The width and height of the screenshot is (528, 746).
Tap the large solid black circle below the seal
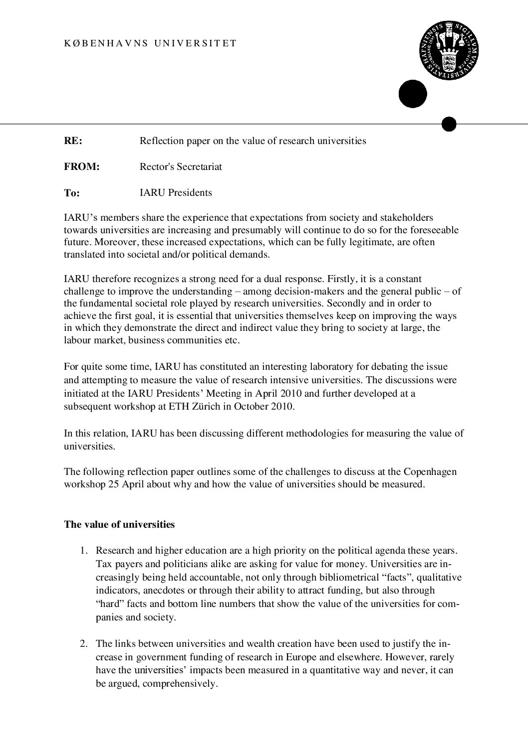pyautogui.click(x=413, y=94)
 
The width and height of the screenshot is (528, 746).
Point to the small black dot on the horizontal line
pyautogui.click(x=449, y=124)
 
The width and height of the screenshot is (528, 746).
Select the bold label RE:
pyautogui.click(x=73, y=141)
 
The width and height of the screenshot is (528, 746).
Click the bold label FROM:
pyautogui.click(x=82, y=167)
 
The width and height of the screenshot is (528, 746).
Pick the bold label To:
pyautogui.click(x=72, y=193)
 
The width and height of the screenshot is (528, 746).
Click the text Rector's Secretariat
pyautogui.click(x=181, y=167)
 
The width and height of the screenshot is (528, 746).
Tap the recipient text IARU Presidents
pyautogui.click(x=176, y=193)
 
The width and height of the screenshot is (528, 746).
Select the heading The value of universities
pyautogui.click(x=119, y=525)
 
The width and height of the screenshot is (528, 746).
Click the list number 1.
pyautogui.click(x=84, y=551)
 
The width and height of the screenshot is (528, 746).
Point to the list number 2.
pyautogui.click(x=84, y=644)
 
